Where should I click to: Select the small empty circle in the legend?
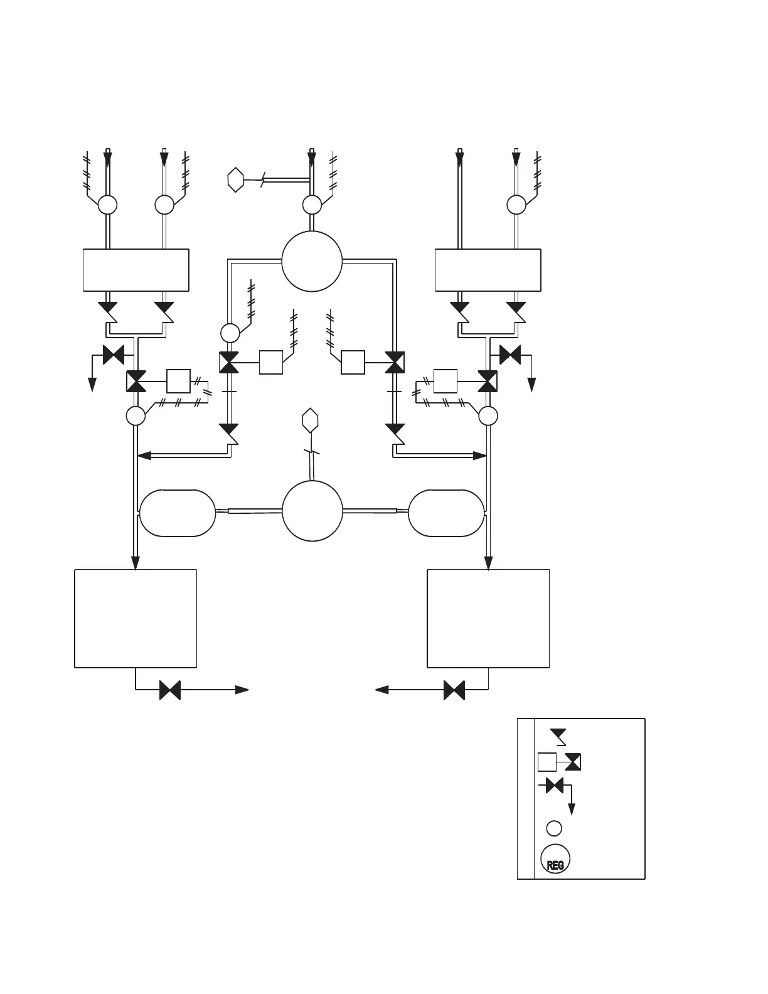[554, 828]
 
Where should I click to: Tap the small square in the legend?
[547, 762]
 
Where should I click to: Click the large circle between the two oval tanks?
[312, 510]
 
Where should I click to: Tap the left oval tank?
[178, 513]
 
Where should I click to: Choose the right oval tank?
[446, 513]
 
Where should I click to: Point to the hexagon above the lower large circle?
[310, 419]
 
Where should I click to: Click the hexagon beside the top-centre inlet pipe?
[235, 180]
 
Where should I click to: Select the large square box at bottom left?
[136, 618]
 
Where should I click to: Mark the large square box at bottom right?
[488, 618]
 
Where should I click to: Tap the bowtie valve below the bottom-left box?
[170, 690]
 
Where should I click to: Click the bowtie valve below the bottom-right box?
[454, 690]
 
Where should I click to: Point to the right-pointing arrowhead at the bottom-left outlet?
[242, 690]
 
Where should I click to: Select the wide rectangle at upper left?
[136, 270]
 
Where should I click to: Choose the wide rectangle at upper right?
[488, 270]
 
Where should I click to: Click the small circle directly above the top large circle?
[312, 205]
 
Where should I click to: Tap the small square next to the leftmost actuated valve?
[178, 381]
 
